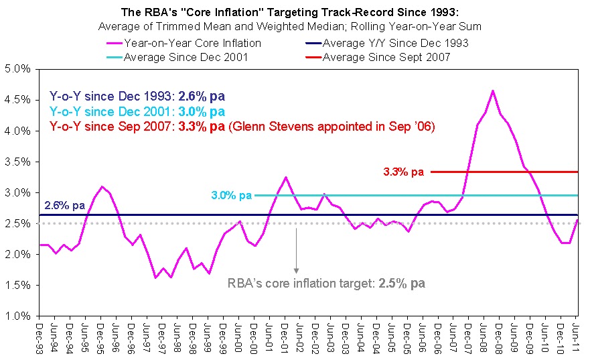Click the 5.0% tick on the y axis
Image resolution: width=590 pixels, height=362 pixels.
pos(17,68)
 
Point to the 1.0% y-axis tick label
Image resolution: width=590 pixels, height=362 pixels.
pos(17,316)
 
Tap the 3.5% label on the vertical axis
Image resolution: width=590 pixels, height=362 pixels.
pos(17,162)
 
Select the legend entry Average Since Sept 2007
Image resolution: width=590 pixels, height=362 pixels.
pos(386,57)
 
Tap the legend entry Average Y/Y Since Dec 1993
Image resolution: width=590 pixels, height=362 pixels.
pos(395,44)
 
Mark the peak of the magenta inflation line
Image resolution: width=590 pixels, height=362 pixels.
pos(492,90)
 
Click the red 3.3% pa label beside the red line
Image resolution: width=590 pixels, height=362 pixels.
pos(404,172)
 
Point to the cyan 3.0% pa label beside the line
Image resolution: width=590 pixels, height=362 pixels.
pos(231,196)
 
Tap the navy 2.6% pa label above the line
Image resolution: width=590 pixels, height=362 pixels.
pos(64,206)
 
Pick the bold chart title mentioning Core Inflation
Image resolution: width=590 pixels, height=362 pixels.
pos(295,12)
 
